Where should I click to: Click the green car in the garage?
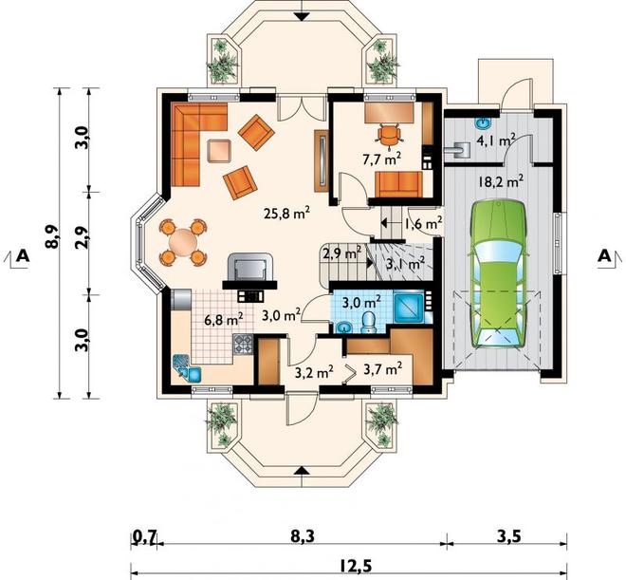click(498, 274)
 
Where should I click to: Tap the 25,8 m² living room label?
click(286, 214)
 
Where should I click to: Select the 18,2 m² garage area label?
click(501, 181)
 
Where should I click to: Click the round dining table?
click(183, 242)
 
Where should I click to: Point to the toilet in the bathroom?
click(367, 323)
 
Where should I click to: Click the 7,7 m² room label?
click(381, 159)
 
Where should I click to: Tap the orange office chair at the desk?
click(389, 134)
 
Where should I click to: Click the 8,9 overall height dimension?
click(52, 237)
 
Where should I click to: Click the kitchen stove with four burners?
click(243, 345)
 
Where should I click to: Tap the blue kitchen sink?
click(187, 367)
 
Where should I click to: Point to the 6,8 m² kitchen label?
click(224, 320)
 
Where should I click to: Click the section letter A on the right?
click(604, 256)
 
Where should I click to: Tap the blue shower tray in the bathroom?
click(409, 307)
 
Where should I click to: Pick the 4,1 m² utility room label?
click(496, 140)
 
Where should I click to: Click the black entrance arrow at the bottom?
click(303, 471)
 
